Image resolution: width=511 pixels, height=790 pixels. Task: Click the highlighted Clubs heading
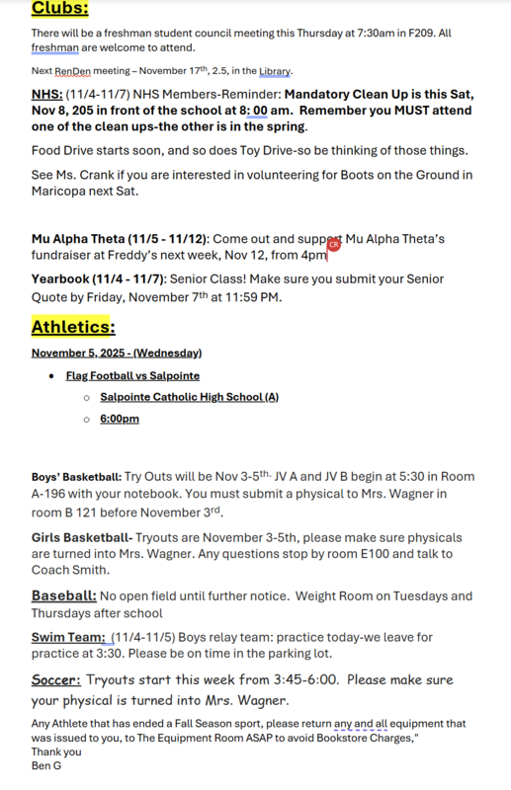[59, 9]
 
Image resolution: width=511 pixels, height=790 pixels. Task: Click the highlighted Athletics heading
[73, 327]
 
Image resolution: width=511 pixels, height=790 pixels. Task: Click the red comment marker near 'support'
[333, 244]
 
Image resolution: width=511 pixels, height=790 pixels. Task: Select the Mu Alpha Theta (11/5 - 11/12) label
[120, 239]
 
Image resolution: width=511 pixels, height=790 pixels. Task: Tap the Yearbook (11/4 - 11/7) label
[98, 280]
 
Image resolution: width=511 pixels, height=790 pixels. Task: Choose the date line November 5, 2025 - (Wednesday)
[117, 353]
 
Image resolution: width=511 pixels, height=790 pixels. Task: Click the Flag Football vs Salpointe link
[132, 376]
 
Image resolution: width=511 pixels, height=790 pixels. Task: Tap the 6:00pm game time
[120, 419]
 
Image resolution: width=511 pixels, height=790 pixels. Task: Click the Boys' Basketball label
[77, 477]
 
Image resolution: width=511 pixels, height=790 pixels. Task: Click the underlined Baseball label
[64, 596]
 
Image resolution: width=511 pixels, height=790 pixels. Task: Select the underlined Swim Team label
[68, 638]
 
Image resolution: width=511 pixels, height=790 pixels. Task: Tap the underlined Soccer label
[55, 680]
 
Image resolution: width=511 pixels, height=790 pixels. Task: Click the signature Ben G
[46, 765]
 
